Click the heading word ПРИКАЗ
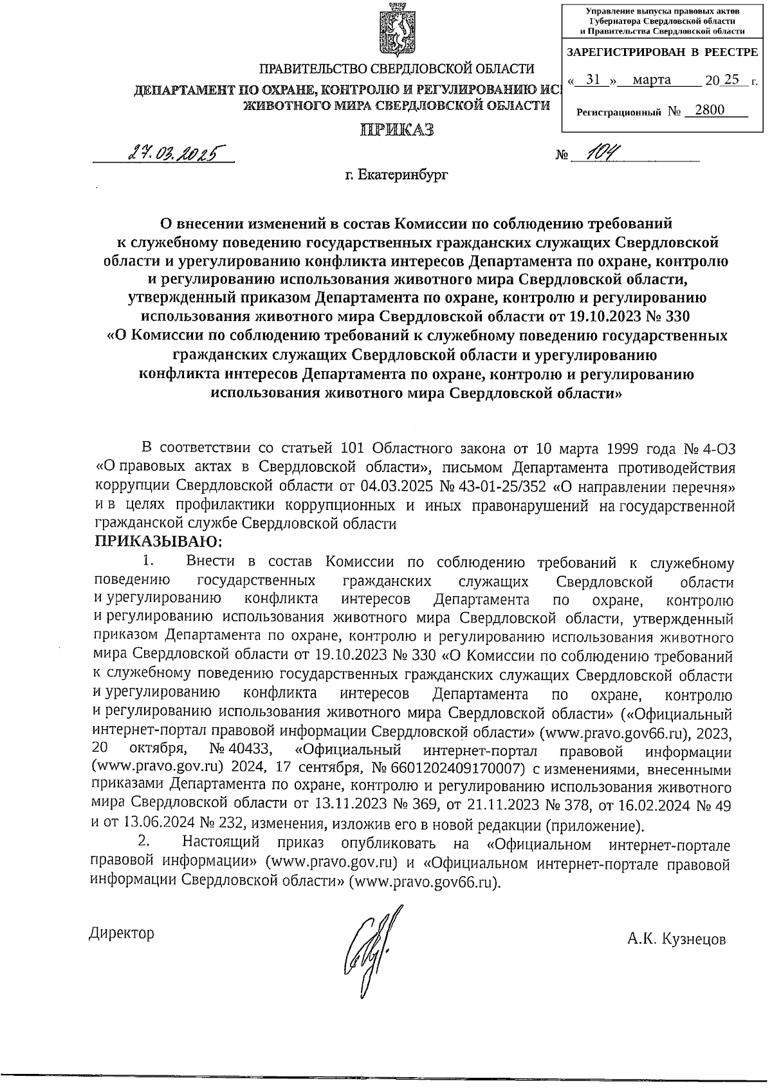[x=396, y=130]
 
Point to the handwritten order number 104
[x=591, y=152]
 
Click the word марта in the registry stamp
[x=652, y=80]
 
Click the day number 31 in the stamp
[x=594, y=80]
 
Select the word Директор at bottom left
[x=122, y=933]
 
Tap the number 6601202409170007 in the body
[x=454, y=770]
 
